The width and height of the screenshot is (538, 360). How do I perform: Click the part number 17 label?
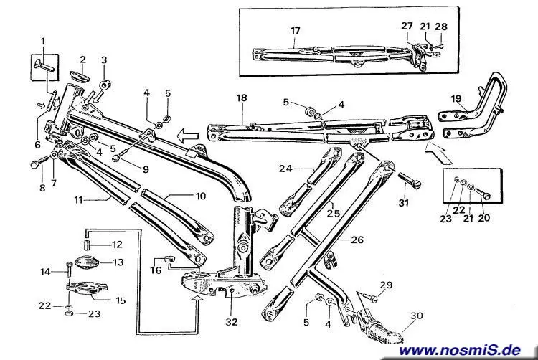click(x=295, y=29)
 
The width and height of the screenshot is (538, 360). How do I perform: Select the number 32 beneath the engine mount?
click(x=230, y=322)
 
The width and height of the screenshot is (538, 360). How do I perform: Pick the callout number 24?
click(x=286, y=169)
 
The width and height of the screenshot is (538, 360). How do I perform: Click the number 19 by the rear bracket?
click(x=456, y=99)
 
